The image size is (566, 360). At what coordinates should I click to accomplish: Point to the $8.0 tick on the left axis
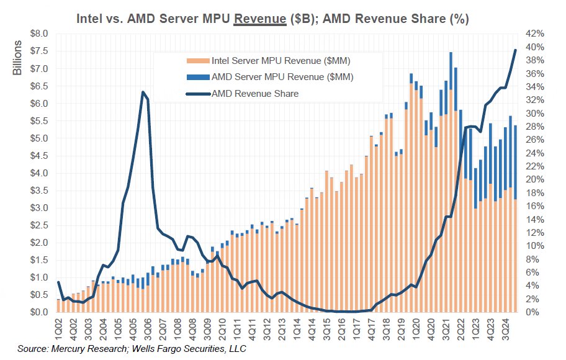38,34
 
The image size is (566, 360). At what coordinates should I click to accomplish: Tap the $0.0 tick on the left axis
38,312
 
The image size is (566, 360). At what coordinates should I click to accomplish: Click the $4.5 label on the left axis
38,155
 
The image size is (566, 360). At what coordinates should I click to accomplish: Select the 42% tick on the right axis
535,34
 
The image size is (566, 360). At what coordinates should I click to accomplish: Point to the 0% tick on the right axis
532,312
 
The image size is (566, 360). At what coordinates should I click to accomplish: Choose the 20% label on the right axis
535,179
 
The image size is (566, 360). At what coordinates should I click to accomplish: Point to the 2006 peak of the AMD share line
143,92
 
